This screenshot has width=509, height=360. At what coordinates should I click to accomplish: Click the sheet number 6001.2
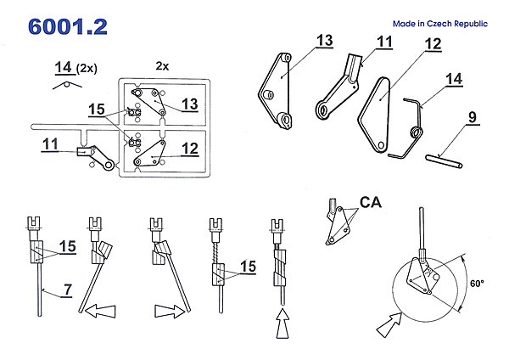(x=67, y=26)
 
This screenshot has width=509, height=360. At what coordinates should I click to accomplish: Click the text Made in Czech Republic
(x=440, y=25)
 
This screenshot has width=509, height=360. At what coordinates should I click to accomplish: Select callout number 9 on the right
(x=471, y=117)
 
